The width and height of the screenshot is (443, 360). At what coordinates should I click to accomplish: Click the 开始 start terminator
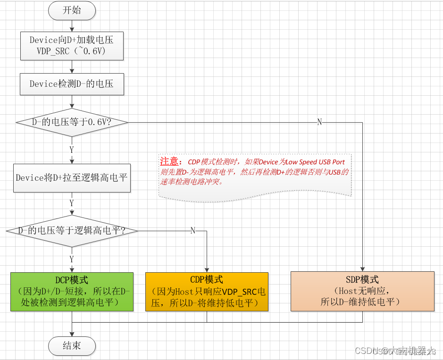72,10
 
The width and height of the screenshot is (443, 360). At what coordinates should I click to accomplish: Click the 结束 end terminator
72,346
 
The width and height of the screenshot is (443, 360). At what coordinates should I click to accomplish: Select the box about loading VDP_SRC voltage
72,46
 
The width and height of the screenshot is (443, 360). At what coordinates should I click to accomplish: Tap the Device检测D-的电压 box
72,84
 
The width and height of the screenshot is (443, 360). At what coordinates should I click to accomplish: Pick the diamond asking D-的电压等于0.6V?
72,122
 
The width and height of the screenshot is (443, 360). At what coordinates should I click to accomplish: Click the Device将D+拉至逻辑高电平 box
72,178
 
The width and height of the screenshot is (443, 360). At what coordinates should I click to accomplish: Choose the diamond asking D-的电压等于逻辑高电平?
72,231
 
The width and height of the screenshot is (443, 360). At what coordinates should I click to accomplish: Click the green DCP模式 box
72,292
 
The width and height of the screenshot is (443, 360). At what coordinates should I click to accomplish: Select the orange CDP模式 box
207,292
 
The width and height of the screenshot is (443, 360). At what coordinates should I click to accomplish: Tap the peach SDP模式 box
362,291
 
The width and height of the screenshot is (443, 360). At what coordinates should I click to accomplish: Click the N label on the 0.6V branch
319,122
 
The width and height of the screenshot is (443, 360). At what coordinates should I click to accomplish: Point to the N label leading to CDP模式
192,231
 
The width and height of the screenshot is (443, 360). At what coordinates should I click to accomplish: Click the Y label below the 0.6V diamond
72,150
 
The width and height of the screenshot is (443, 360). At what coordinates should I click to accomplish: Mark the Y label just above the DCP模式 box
72,259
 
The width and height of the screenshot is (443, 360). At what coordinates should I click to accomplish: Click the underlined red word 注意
169,162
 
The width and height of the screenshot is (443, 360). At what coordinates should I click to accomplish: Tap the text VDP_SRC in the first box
53,51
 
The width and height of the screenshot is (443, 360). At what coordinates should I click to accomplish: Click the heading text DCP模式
72,280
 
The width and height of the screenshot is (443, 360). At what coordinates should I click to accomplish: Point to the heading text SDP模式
362,280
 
